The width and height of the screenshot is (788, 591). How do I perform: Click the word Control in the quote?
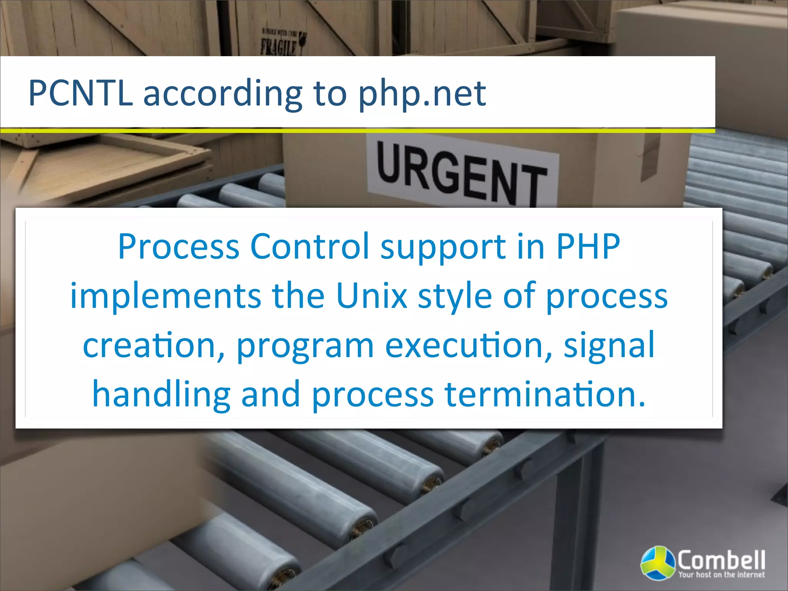click(x=310, y=246)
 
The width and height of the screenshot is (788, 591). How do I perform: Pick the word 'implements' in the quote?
click(x=165, y=296)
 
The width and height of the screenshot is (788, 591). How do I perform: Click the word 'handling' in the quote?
click(x=161, y=395)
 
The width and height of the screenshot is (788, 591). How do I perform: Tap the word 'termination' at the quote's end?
click(x=544, y=394)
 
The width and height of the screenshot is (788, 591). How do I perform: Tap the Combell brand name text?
click(x=721, y=560)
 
